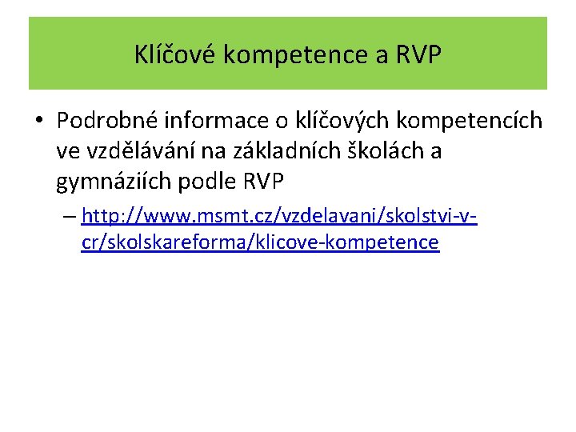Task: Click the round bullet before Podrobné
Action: (38, 121)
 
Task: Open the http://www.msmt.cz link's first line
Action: (279, 216)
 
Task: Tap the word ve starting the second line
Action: (67, 151)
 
